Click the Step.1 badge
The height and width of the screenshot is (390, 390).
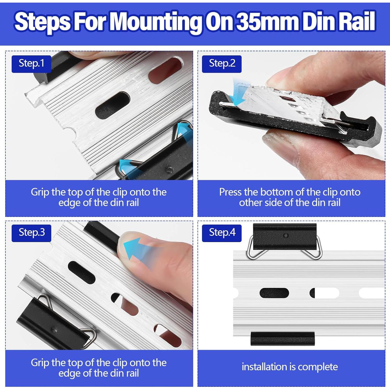tap(31, 64)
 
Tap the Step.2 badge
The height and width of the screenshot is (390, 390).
tap(222, 64)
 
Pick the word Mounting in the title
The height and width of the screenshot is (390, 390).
tap(155, 22)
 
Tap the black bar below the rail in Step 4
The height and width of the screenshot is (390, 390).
tap(283, 339)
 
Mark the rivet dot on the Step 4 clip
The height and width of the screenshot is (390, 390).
tap(286, 236)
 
